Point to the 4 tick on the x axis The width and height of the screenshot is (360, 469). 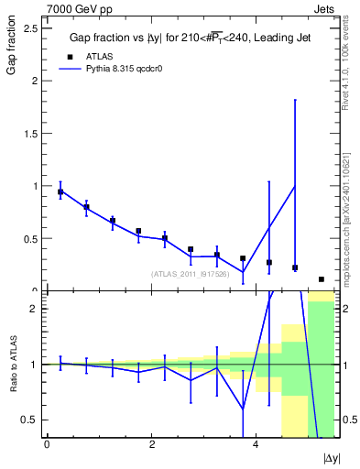(x=256, y=444)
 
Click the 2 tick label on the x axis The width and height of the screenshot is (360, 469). (x=151, y=444)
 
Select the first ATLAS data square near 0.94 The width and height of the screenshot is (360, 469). (x=60, y=192)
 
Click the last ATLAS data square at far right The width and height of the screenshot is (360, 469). (x=322, y=279)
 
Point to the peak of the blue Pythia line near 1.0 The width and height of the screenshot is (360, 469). (x=295, y=187)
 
